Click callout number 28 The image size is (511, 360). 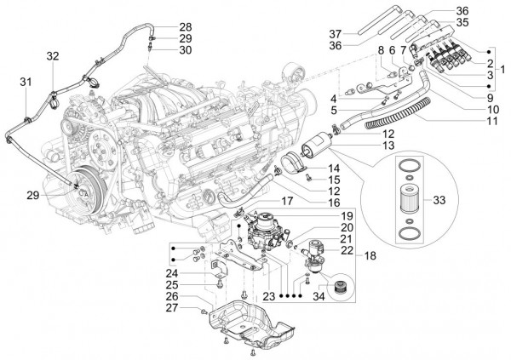186,26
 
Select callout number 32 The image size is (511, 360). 53,56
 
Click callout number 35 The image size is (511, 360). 462,23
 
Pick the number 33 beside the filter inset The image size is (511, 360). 463,201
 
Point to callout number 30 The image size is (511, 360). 186,50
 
